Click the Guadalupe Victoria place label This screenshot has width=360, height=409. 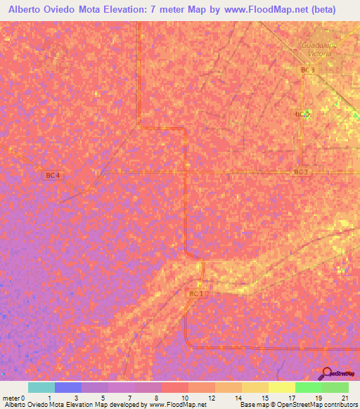click(x=321, y=49)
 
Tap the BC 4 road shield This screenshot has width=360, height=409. click(x=53, y=175)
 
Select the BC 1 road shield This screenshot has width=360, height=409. click(x=196, y=294)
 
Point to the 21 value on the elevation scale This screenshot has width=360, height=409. click(x=344, y=397)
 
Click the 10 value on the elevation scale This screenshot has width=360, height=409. click(x=184, y=397)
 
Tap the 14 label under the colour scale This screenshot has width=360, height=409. click(x=238, y=397)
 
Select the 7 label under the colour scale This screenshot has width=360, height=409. click(x=131, y=397)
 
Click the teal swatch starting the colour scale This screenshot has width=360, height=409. click(x=41, y=387)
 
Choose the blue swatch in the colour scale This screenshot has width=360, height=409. click(x=68, y=387)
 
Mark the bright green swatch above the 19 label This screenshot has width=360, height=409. click(x=309, y=387)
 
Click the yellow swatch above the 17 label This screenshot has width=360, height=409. click(x=282, y=387)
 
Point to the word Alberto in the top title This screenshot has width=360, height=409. click(x=24, y=10)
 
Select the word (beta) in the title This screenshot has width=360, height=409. click(x=335, y=10)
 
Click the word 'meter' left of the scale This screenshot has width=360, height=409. click(x=11, y=397)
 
